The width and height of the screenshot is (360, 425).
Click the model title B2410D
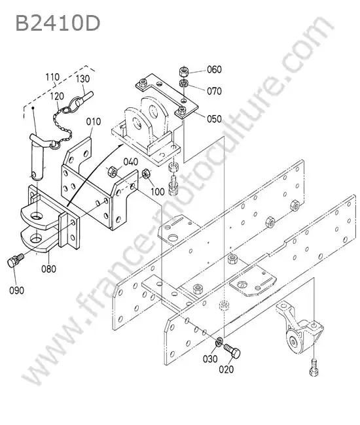click(58, 23)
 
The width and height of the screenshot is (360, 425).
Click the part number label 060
click(214, 70)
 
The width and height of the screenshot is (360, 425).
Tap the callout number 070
click(214, 91)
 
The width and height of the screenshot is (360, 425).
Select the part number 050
click(214, 119)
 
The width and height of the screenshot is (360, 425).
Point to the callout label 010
click(94, 122)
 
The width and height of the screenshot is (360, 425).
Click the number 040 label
click(131, 161)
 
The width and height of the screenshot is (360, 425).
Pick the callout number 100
click(158, 192)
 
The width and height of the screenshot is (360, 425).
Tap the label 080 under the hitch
click(49, 269)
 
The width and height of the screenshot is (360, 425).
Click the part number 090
click(16, 290)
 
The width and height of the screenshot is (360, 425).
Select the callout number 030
click(210, 359)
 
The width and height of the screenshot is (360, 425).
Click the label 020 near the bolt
click(226, 369)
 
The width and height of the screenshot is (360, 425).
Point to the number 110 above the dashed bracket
click(52, 77)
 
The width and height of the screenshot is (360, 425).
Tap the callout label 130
click(82, 79)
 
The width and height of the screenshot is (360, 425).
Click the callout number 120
click(57, 96)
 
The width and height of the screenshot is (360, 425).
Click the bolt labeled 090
click(15, 260)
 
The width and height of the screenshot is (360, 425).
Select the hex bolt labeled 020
click(232, 351)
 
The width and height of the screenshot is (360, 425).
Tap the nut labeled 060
click(184, 73)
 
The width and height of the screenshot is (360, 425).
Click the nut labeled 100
click(147, 174)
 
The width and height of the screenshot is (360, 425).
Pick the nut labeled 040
click(113, 171)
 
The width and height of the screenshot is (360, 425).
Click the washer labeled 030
click(219, 343)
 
